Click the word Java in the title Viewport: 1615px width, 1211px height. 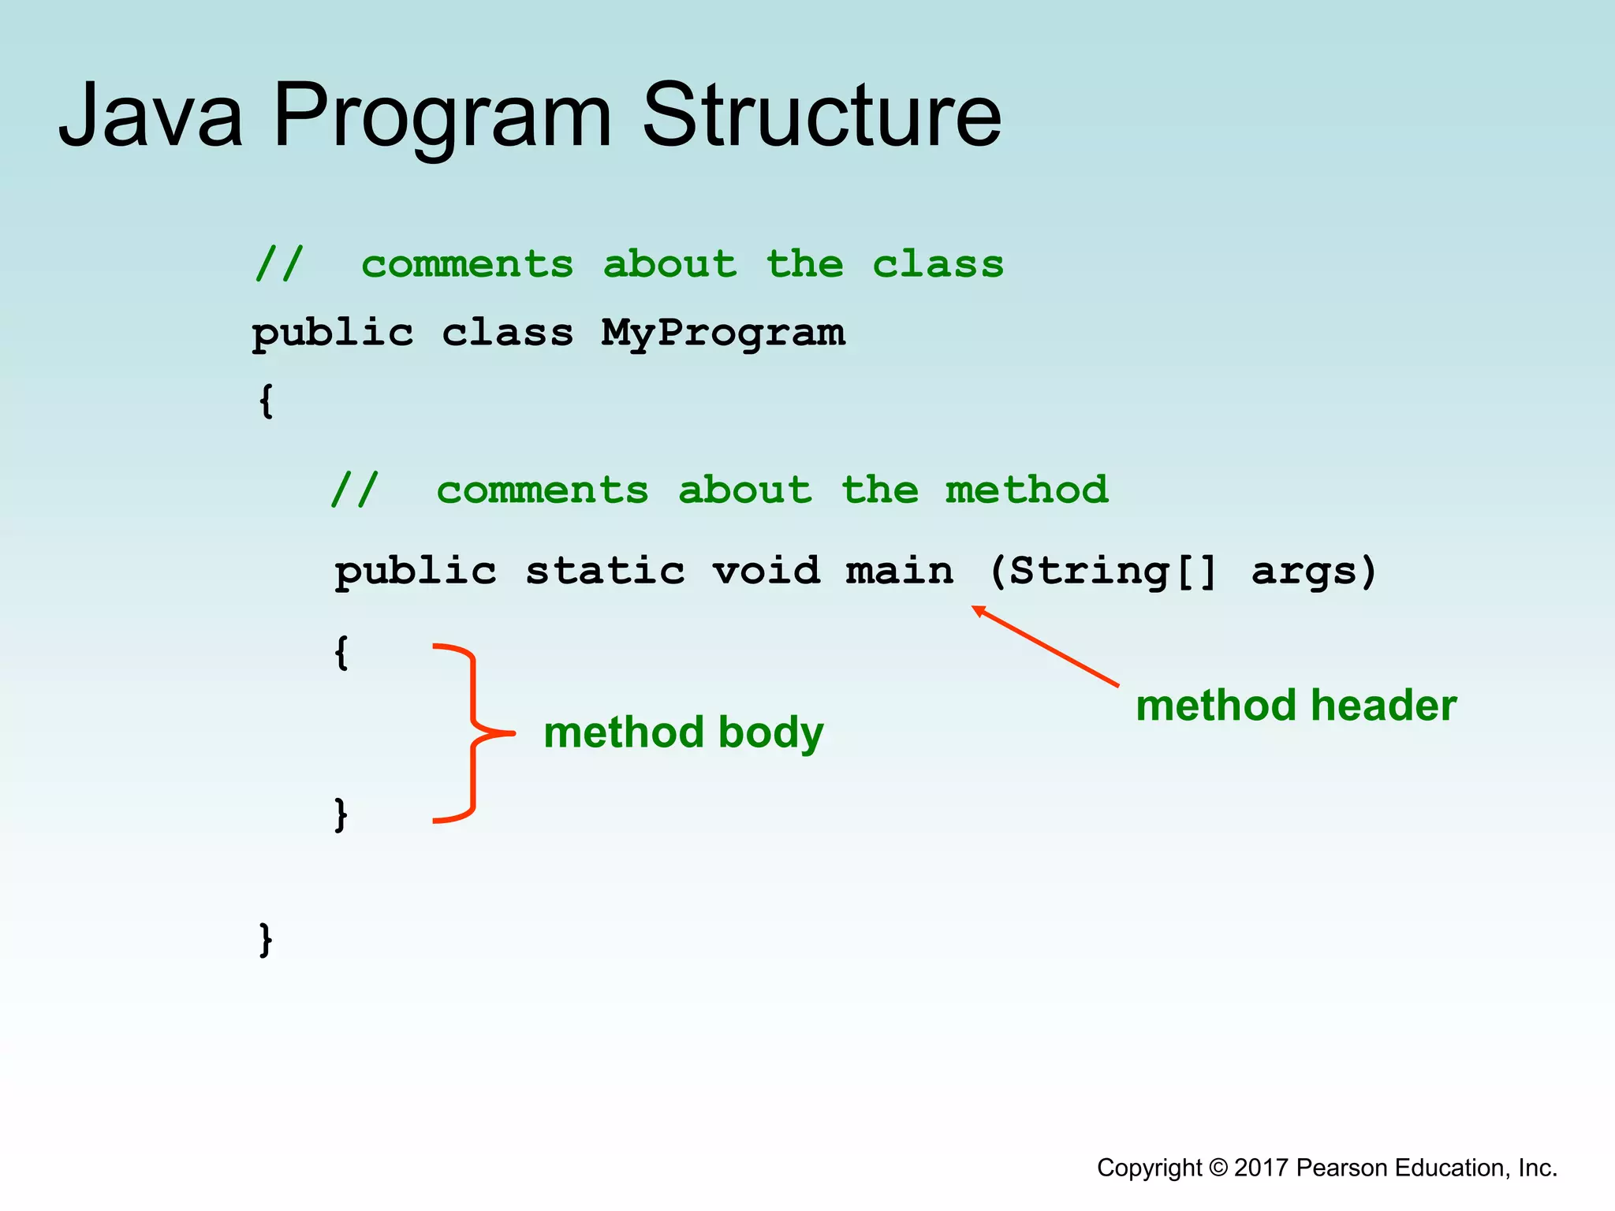tap(151, 116)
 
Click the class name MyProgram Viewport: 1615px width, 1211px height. tap(722, 333)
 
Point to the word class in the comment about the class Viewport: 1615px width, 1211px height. tap(938, 264)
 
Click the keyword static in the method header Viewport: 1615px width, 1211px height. tap(605, 571)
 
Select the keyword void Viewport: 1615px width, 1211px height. tap(766, 571)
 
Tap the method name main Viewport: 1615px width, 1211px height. tap(899, 571)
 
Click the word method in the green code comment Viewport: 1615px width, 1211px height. tap(1026, 490)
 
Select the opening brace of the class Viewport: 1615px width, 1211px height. tap(267, 401)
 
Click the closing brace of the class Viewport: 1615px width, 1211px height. tap(267, 939)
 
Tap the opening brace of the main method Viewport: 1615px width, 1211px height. tap(341, 653)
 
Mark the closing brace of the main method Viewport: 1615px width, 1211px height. tap(341, 814)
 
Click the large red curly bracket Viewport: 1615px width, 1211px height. tap(473, 733)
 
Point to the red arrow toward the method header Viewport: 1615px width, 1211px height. tap(1045, 646)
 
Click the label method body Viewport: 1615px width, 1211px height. tap(683, 732)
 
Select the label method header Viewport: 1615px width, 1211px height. tap(1296, 705)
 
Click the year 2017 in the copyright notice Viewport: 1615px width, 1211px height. tap(1262, 1168)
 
